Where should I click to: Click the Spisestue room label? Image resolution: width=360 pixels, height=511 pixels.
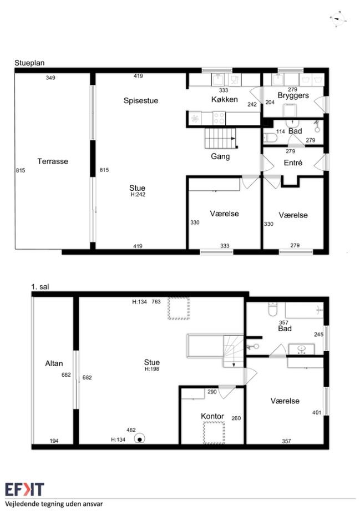point(141,100)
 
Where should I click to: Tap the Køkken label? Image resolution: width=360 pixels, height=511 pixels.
point(225,99)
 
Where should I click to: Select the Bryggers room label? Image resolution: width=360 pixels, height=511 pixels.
point(293,96)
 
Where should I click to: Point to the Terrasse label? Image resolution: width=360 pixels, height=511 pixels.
point(53,161)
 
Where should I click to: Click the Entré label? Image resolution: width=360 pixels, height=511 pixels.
point(293,163)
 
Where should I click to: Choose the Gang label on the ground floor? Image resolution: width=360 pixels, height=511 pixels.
point(220,157)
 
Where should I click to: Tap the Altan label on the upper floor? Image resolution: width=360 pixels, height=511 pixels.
point(54,363)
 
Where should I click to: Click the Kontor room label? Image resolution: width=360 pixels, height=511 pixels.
point(212,416)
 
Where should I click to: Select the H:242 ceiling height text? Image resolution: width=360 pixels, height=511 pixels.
point(138,195)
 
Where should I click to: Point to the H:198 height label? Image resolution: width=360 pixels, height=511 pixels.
point(152,369)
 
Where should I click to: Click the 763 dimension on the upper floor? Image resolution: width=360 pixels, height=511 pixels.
point(156,302)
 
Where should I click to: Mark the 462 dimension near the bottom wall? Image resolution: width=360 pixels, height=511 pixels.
point(131,430)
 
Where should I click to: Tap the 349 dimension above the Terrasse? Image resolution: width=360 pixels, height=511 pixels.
point(50,78)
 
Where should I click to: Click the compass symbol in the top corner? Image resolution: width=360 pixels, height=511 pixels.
point(337,18)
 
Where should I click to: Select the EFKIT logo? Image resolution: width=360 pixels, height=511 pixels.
point(24,489)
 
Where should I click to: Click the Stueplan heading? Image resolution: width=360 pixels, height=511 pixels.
point(29,63)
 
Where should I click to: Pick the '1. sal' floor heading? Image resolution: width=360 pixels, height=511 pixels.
point(40,287)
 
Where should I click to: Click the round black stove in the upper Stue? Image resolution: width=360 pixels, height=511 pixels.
point(140,439)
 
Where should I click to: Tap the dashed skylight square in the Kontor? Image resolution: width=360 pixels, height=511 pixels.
point(214,432)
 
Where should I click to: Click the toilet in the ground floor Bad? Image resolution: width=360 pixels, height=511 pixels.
point(270,138)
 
